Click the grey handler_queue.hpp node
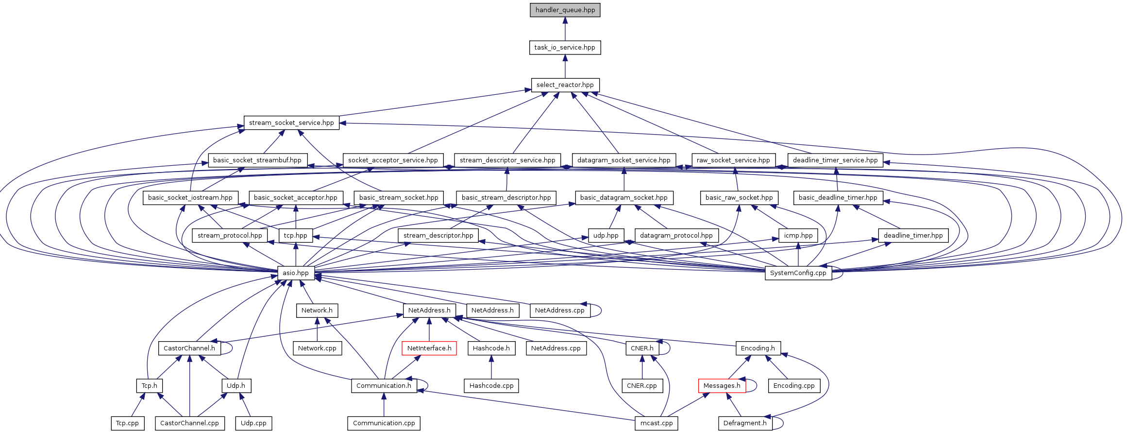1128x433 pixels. pyautogui.click(x=565, y=10)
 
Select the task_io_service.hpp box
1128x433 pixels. pyautogui.click(x=565, y=48)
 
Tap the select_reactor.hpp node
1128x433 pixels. pyautogui.click(x=565, y=85)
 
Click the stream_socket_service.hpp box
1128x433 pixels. pyautogui.click(x=291, y=123)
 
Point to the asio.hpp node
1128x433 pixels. pyautogui.click(x=296, y=273)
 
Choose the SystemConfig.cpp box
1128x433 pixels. pyautogui.click(x=798, y=273)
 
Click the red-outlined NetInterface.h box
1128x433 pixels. pyautogui.click(x=429, y=348)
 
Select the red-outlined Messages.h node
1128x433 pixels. pyautogui.click(x=722, y=386)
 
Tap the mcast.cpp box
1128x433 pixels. pyautogui.click(x=657, y=423)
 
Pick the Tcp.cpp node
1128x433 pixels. pyautogui.click(x=127, y=423)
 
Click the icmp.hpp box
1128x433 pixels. pyautogui.click(x=798, y=236)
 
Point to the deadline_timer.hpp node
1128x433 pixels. pyautogui.click(x=913, y=236)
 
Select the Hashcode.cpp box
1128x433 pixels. pyautogui.click(x=491, y=386)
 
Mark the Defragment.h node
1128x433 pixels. pyautogui.click(x=745, y=423)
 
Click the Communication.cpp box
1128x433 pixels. pyautogui.click(x=384, y=423)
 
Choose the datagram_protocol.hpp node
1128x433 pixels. pyautogui.click(x=676, y=236)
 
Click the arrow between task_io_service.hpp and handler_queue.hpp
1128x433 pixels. pyautogui.click(x=565, y=29)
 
